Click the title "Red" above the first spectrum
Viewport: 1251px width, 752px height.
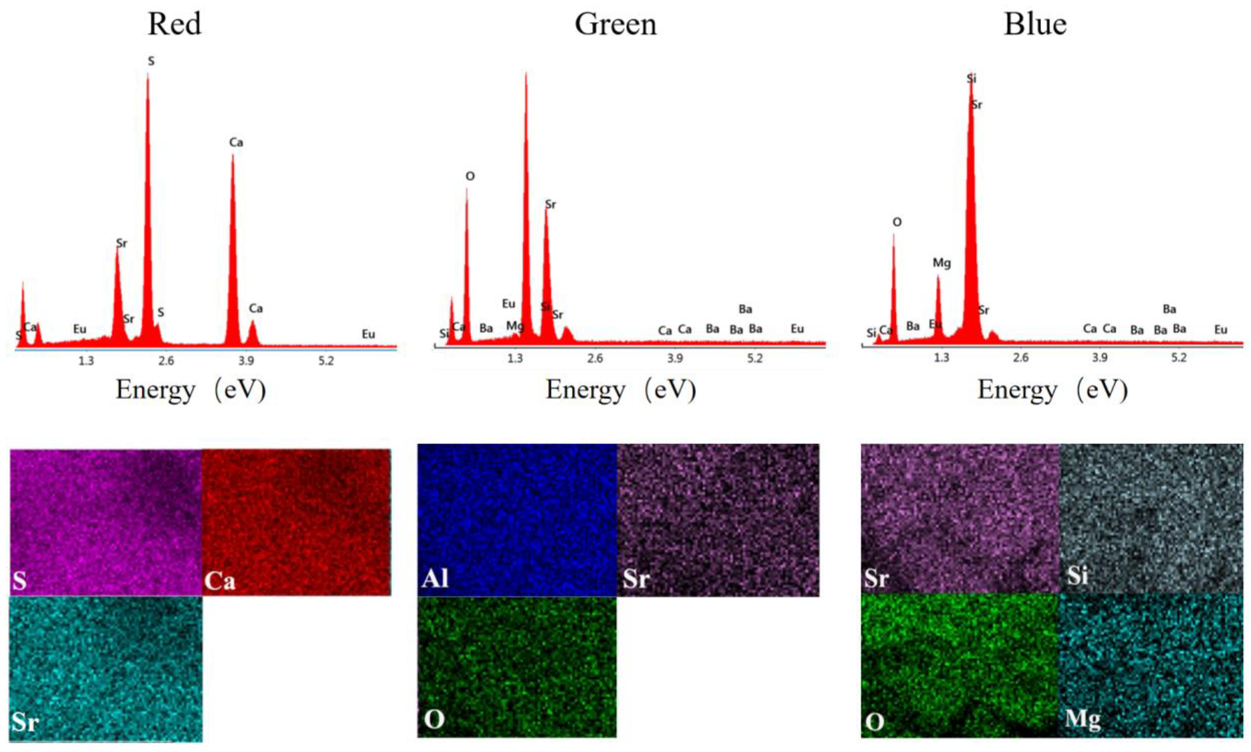pyautogui.click(x=174, y=25)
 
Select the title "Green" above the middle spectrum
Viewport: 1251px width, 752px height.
pyautogui.click(x=615, y=25)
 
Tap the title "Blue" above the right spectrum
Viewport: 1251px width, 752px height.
pyautogui.click(x=1035, y=25)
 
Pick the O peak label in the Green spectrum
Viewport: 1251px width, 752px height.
pyautogui.click(x=470, y=176)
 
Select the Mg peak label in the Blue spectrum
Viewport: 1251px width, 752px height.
pyautogui.click(x=942, y=263)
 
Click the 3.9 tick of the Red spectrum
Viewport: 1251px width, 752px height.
pyautogui.click(x=246, y=361)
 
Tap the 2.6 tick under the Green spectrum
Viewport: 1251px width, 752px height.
pyautogui.click(x=595, y=358)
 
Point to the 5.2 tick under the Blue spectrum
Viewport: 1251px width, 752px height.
pyautogui.click(x=1179, y=358)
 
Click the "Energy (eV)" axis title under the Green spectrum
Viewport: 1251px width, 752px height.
pyautogui.click(x=621, y=390)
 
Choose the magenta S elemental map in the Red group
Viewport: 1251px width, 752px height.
pyautogui.click(x=106, y=521)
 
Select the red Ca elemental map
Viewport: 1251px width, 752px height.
pyautogui.click(x=296, y=521)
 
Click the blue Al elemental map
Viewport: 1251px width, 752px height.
pyautogui.click(x=517, y=519)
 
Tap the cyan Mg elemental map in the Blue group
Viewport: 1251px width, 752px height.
pyautogui.click(x=1151, y=665)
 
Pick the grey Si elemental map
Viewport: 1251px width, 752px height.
pyautogui.click(x=1151, y=518)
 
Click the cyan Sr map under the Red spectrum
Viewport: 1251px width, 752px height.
pyautogui.click(x=106, y=668)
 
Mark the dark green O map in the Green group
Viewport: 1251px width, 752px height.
pyautogui.click(x=517, y=666)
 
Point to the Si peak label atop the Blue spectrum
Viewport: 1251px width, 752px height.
pyautogui.click(x=971, y=79)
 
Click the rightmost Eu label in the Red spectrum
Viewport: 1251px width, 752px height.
pyautogui.click(x=368, y=334)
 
